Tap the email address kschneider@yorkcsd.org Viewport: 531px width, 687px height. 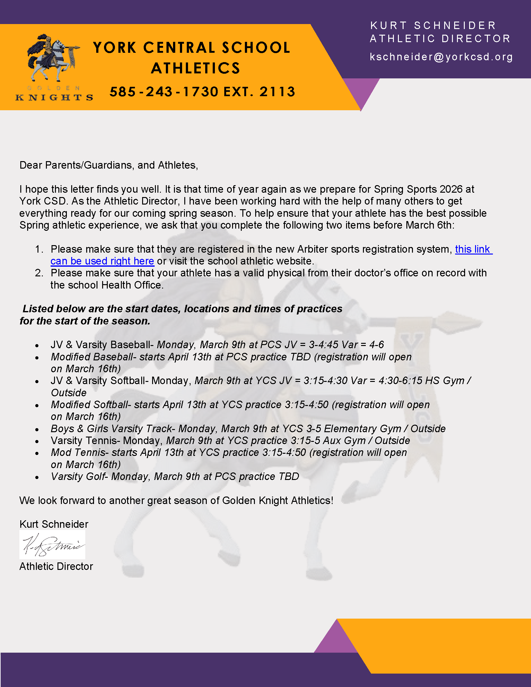coord(441,57)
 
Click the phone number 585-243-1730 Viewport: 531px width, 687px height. coord(164,92)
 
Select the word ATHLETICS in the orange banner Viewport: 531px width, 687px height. coord(195,68)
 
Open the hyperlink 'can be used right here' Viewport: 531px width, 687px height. coord(102,261)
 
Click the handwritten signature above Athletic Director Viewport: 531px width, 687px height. coord(52,545)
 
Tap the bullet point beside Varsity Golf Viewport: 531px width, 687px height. coord(37,477)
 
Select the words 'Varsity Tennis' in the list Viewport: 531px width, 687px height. coord(84,441)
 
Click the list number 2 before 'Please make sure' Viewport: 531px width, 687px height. coord(39,273)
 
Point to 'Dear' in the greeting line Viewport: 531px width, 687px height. coord(31,165)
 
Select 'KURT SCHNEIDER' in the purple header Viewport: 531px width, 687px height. coord(433,26)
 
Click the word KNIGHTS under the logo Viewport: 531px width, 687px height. coord(54,97)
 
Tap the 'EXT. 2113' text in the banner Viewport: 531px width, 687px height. coord(259,92)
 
